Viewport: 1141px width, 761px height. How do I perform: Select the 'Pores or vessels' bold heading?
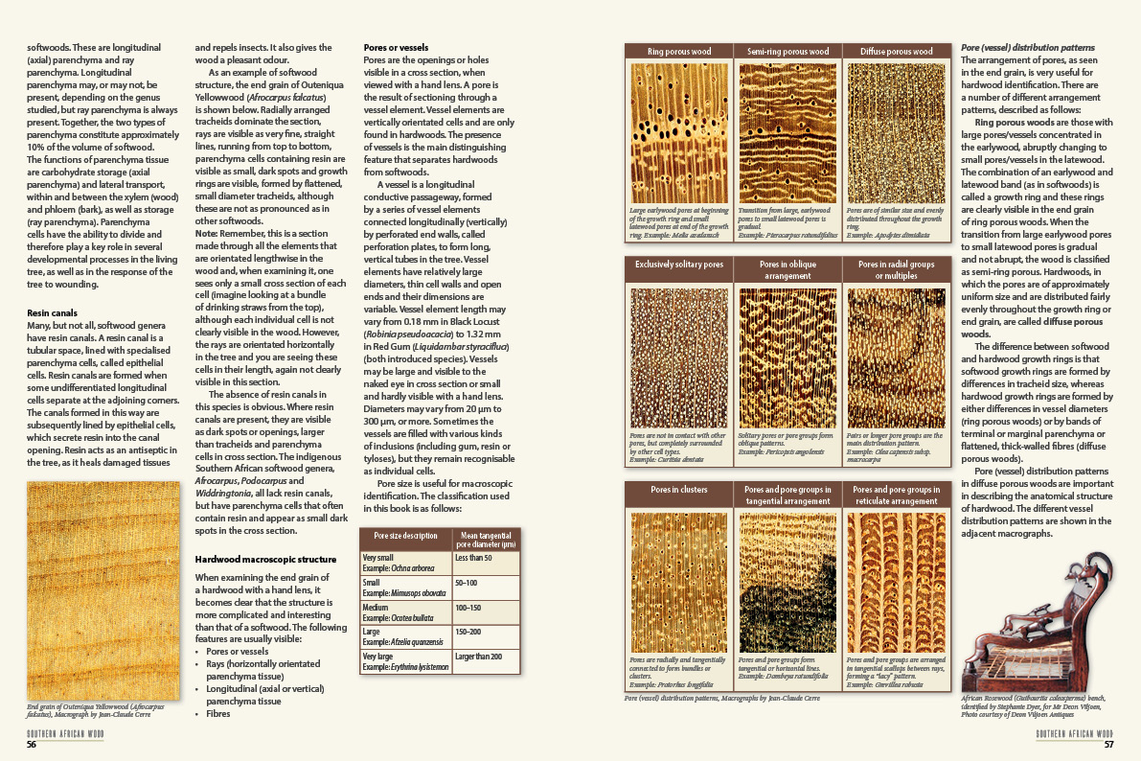coord(396,47)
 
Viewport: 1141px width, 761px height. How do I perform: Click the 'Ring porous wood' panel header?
coord(678,52)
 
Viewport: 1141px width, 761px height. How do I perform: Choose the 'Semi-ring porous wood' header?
coord(788,52)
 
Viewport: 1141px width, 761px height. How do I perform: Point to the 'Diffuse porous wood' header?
coord(897,52)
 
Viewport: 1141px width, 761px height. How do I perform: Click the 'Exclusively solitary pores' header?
coord(678,264)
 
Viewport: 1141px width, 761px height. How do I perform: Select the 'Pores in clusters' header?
coord(678,490)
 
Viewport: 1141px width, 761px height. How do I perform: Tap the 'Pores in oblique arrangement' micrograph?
coord(787,358)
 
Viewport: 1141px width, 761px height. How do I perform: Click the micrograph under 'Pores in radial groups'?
coord(897,358)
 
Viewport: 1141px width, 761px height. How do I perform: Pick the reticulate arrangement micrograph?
coord(897,582)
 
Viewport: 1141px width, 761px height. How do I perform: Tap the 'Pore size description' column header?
coord(405,536)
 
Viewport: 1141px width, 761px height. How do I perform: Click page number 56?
coord(32,745)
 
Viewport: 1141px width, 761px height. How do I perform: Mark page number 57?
coord(1108,745)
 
